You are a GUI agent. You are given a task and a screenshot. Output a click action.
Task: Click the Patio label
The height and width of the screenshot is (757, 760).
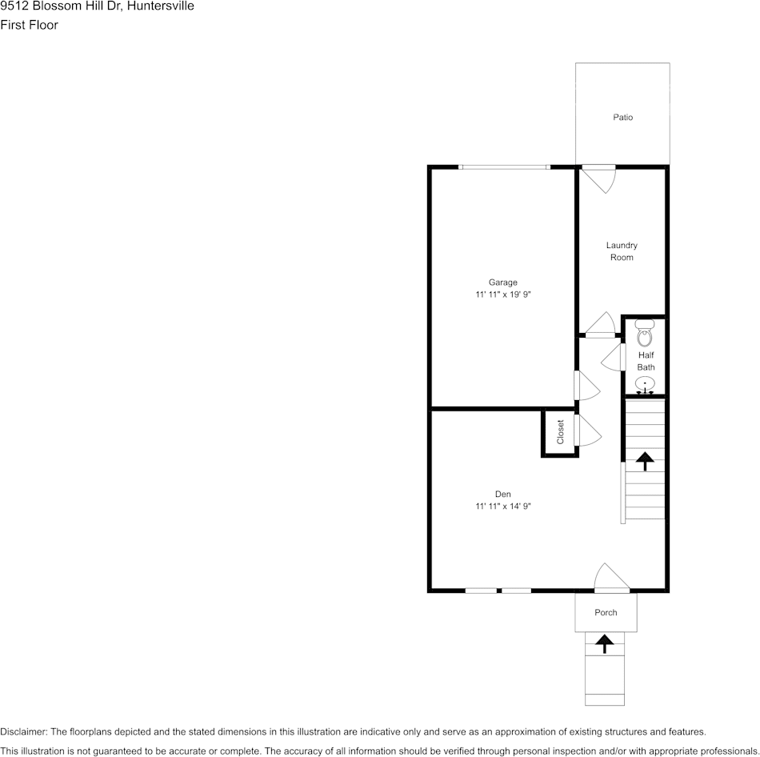(622, 118)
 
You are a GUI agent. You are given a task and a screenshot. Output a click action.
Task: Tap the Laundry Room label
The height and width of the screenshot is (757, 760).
(622, 251)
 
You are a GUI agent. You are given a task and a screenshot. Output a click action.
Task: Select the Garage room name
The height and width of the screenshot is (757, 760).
(503, 282)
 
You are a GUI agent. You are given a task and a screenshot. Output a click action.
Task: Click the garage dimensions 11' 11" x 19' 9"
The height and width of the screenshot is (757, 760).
(503, 294)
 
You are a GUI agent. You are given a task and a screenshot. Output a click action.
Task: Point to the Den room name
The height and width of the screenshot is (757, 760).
(503, 494)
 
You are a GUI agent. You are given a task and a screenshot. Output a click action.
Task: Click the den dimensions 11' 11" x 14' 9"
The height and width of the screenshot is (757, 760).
(503, 506)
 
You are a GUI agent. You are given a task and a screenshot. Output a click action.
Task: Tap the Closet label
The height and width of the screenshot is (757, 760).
(560, 432)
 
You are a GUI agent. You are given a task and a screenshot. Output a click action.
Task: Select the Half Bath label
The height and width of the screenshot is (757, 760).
(646, 361)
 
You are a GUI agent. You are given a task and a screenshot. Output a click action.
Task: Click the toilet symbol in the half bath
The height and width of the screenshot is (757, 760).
(645, 333)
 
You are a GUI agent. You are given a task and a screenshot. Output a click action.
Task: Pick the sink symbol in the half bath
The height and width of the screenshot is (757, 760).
(645, 386)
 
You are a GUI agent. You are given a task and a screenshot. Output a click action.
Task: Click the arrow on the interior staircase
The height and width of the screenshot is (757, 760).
(645, 460)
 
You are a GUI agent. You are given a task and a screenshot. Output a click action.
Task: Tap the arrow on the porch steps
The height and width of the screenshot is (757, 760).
(605, 642)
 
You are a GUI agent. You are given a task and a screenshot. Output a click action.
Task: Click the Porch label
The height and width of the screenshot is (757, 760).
(606, 612)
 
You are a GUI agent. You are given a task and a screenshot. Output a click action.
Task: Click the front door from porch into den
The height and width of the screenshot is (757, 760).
(612, 579)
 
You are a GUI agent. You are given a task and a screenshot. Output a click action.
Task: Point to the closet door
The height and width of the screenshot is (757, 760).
(587, 431)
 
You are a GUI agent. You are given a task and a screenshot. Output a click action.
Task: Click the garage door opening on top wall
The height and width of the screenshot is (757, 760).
(504, 167)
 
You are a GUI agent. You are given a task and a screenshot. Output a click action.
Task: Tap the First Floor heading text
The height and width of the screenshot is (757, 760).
(30, 25)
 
